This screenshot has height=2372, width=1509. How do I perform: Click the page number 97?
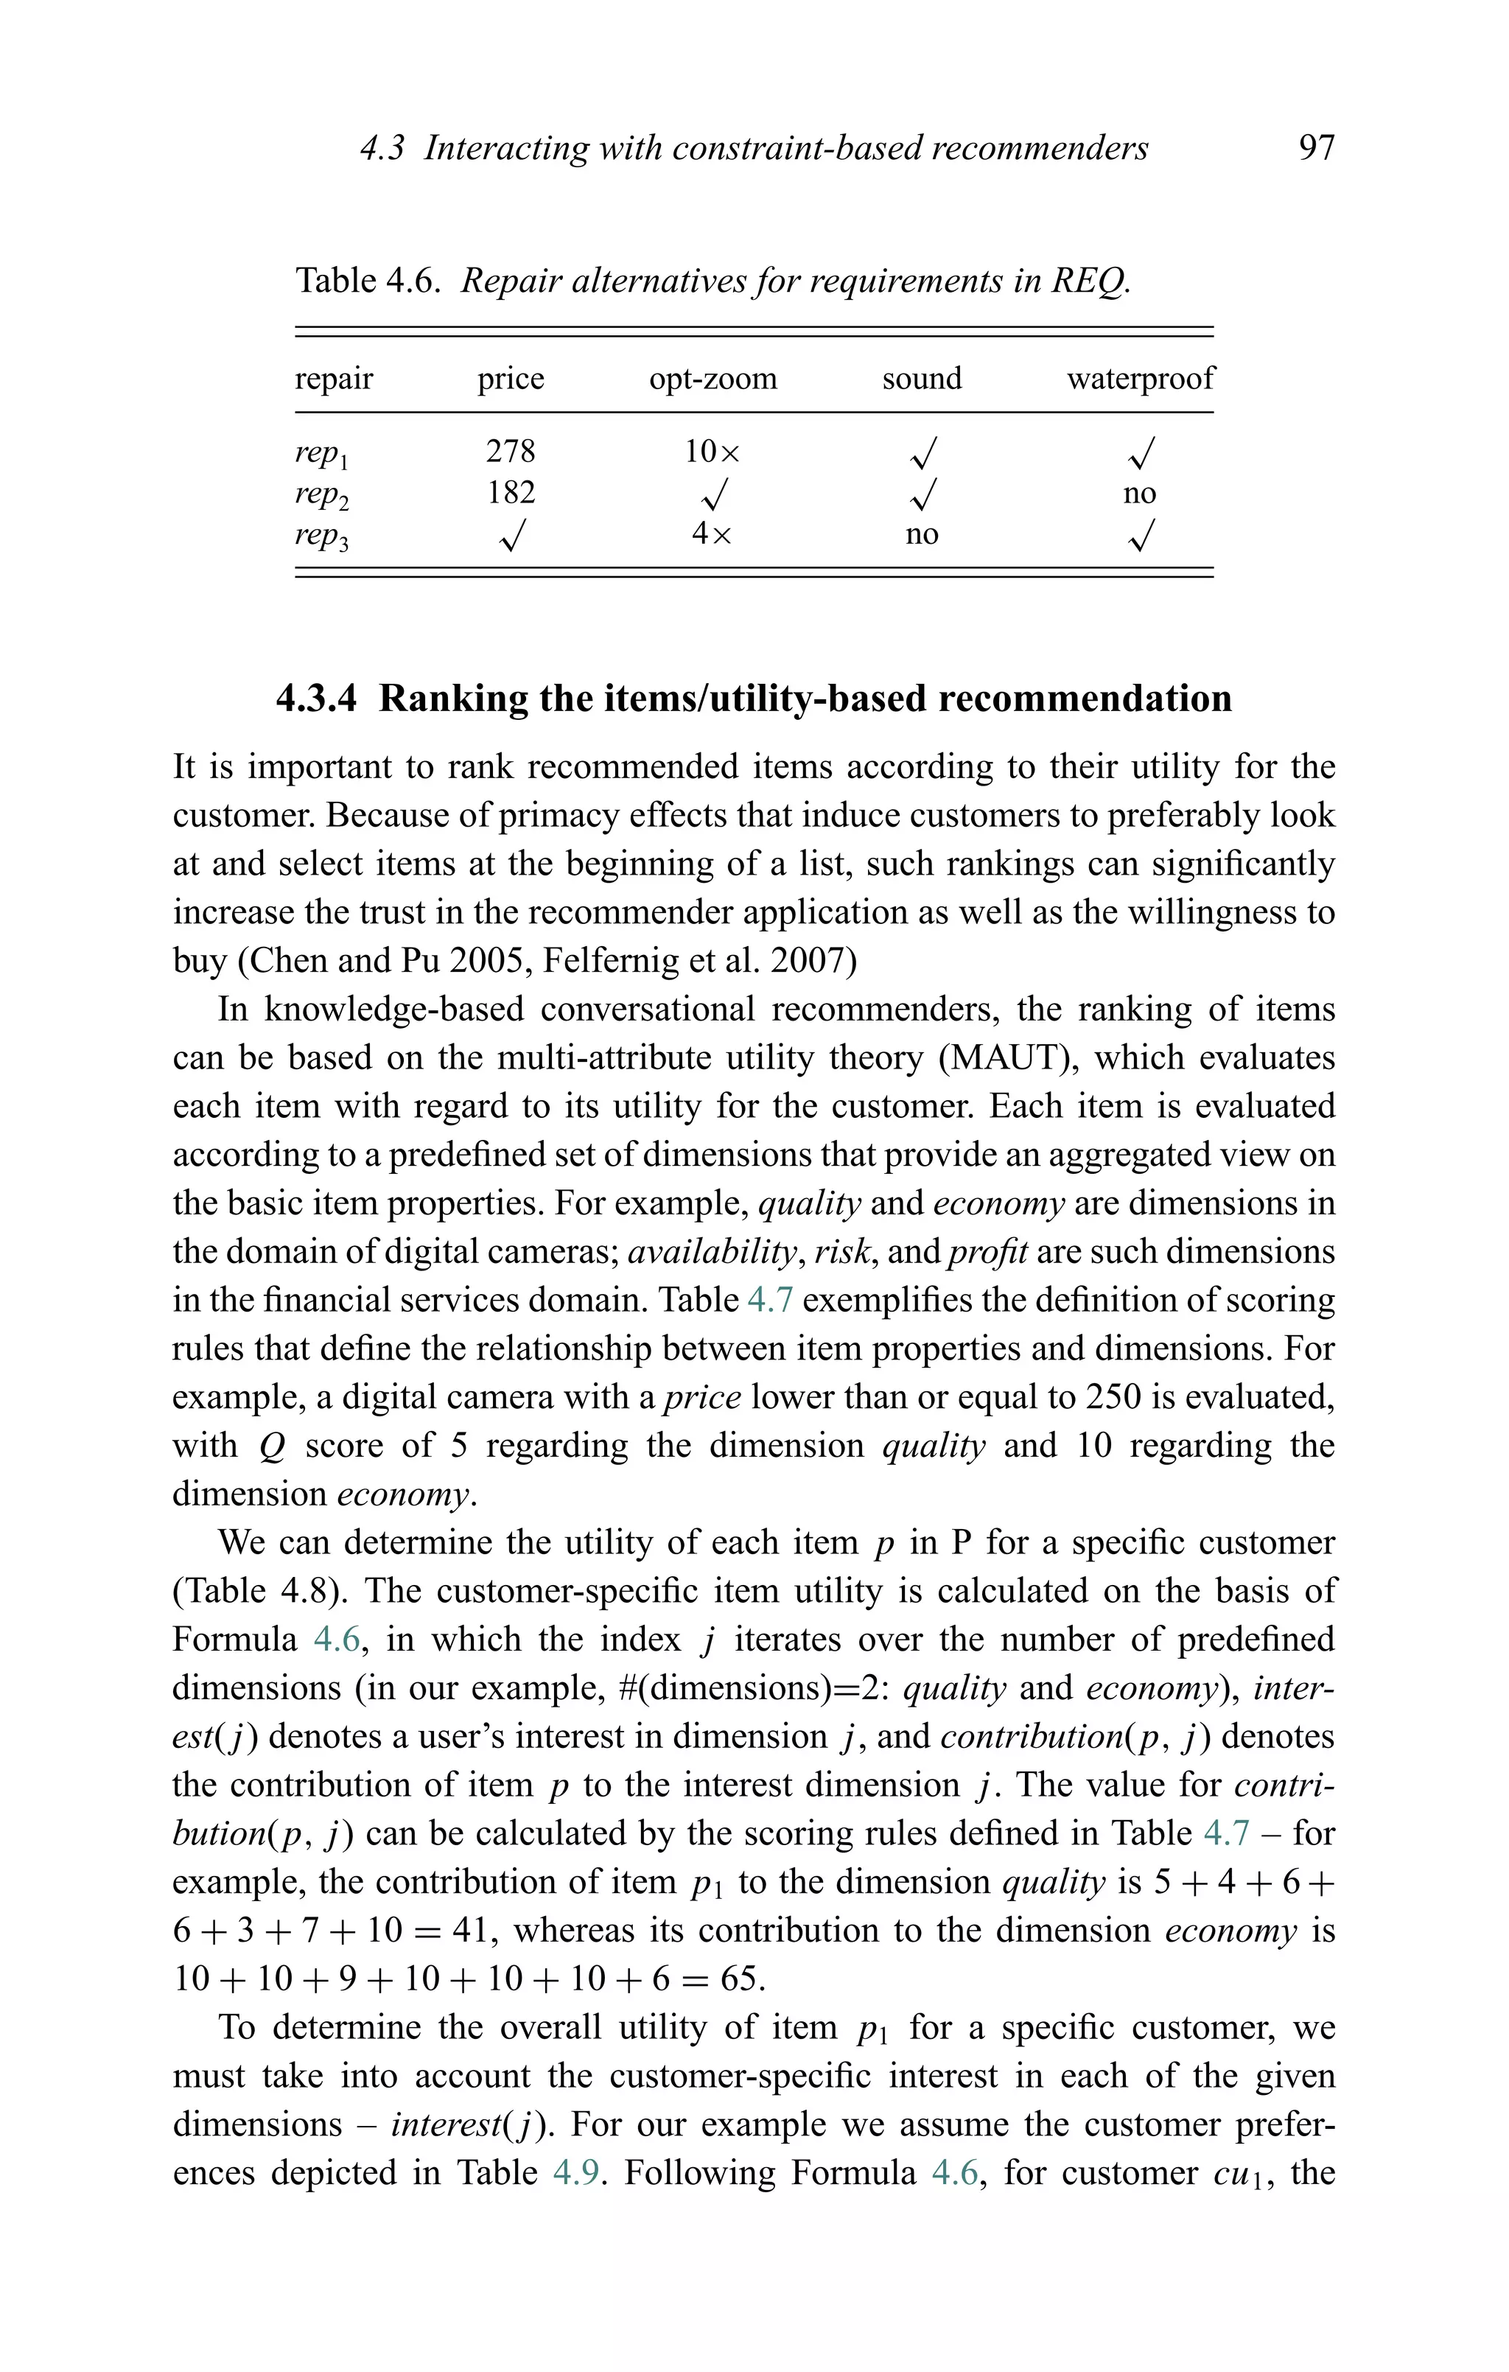point(1316,148)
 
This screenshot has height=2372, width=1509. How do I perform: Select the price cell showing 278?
point(510,451)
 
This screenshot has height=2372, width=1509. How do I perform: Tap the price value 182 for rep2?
point(510,492)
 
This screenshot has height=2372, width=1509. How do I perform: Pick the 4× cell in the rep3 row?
point(711,534)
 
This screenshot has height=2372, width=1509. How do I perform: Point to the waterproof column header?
point(1140,378)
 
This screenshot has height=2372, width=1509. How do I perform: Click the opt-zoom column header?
point(713,378)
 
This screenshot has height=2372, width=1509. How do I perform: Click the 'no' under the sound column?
point(921,535)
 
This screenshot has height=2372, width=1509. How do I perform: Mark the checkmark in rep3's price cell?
point(510,536)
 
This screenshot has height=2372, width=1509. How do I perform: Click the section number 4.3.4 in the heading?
point(316,699)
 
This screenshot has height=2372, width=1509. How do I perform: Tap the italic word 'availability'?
point(711,1252)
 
